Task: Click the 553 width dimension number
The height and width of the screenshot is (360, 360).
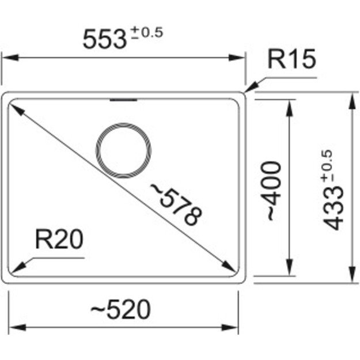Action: (x=104, y=39)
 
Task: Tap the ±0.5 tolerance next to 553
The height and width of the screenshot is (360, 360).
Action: (x=145, y=33)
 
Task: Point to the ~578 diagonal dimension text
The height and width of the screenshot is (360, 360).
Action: (x=176, y=204)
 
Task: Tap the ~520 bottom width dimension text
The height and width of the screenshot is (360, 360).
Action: (x=122, y=309)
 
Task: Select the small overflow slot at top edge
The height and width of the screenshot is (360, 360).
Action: (x=123, y=100)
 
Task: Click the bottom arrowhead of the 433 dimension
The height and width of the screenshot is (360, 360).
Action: (x=351, y=277)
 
